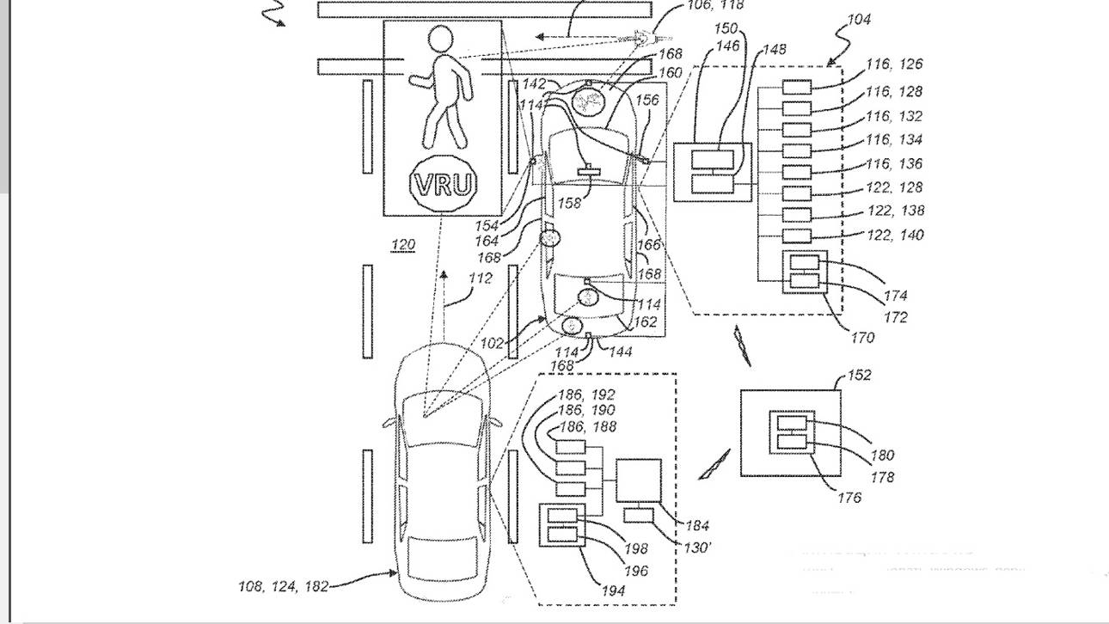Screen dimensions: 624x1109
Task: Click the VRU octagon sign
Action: coord(444,184)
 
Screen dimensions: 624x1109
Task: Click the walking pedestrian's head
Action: coord(440,40)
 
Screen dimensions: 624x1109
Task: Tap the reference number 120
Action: coord(402,246)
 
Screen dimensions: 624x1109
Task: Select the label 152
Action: coord(859,375)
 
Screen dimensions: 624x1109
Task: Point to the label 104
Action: coord(858,19)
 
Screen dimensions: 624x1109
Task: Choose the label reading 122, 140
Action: coord(895,234)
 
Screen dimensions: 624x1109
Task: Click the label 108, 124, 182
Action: coord(283,586)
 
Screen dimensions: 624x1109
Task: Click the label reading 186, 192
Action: coord(586,395)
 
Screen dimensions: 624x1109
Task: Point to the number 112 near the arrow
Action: coord(480,278)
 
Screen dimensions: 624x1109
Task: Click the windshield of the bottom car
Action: coord(443,420)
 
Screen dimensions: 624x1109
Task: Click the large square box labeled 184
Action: coord(638,480)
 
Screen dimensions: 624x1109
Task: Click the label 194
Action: coord(613,590)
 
